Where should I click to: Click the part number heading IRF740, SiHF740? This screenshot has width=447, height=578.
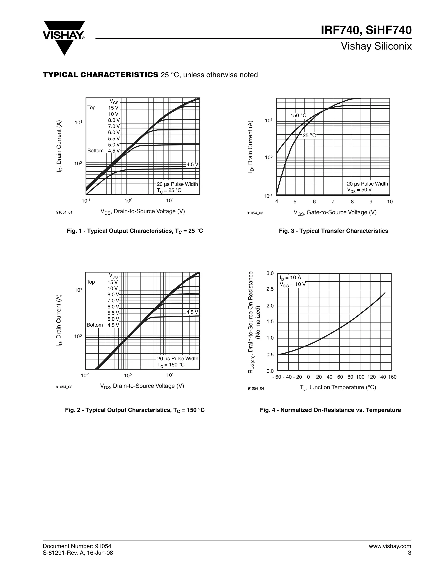(366, 30)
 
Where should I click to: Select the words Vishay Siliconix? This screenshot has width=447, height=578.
(376, 46)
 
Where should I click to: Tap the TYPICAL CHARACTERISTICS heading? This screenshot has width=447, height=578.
(101, 75)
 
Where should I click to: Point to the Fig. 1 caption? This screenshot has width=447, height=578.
(135, 231)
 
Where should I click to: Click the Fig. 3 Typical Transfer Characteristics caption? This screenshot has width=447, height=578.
(334, 231)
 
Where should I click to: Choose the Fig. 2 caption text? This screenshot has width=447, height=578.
(135, 410)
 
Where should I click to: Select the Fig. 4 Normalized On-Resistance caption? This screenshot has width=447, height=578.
(330, 410)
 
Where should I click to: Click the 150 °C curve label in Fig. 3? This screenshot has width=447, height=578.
(298, 115)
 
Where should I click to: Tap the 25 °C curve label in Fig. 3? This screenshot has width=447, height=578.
(309, 135)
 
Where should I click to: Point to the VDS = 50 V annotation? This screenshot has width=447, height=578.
(359, 190)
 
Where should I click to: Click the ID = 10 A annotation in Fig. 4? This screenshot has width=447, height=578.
(291, 277)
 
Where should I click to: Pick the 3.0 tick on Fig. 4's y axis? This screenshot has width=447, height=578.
(270, 273)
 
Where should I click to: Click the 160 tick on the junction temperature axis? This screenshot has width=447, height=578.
(392, 377)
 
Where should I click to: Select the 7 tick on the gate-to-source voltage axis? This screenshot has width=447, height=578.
(333, 202)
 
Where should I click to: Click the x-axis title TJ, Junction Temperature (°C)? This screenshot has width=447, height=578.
(338, 387)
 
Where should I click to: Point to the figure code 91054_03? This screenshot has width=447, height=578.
(255, 213)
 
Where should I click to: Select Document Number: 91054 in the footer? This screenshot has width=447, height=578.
(77, 546)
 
